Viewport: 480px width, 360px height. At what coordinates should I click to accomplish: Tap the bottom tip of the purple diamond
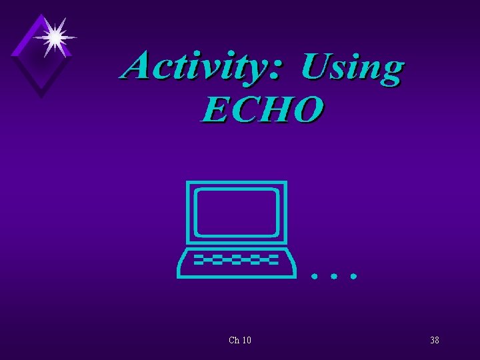41,96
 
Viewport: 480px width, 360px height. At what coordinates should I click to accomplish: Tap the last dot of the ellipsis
354,275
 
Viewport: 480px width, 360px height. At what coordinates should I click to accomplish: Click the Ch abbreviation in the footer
233,341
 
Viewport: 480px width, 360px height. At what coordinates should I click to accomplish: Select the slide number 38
434,341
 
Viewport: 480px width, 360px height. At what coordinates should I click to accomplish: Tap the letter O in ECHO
308,109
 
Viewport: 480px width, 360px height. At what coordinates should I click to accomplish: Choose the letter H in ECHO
276,109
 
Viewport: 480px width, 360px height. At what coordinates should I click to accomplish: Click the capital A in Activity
141,66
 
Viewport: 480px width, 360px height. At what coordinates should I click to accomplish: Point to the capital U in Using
316,66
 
